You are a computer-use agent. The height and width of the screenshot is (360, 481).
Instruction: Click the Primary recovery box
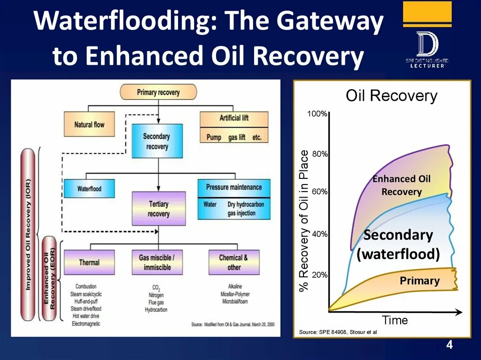click(158, 92)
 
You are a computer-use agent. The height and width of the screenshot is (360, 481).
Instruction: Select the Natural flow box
click(89, 124)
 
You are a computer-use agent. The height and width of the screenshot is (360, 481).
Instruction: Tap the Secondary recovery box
click(157, 141)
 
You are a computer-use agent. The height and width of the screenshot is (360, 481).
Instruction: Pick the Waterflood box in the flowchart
click(89, 189)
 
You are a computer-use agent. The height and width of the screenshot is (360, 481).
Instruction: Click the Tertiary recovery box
click(158, 208)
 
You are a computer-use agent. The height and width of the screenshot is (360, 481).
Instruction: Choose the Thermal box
click(89, 262)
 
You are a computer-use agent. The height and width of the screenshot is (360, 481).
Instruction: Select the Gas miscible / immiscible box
click(157, 262)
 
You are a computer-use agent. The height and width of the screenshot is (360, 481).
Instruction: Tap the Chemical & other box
click(233, 262)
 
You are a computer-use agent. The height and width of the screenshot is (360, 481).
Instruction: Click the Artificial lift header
click(234, 118)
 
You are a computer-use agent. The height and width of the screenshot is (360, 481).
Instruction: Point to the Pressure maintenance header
click(234, 187)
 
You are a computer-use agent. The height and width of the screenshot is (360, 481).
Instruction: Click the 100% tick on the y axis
click(318, 114)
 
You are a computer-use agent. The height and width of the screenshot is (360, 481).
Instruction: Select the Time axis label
click(395, 321)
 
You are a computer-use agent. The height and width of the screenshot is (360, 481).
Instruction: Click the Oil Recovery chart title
click(391, 96)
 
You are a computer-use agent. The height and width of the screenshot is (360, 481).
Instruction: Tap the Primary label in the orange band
click(419, 281)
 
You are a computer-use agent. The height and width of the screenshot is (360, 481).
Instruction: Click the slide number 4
click(450, 345)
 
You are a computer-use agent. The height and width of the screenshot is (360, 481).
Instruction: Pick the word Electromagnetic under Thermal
click(85, 323)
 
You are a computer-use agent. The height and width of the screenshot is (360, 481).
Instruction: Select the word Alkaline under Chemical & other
click(234, 286)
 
